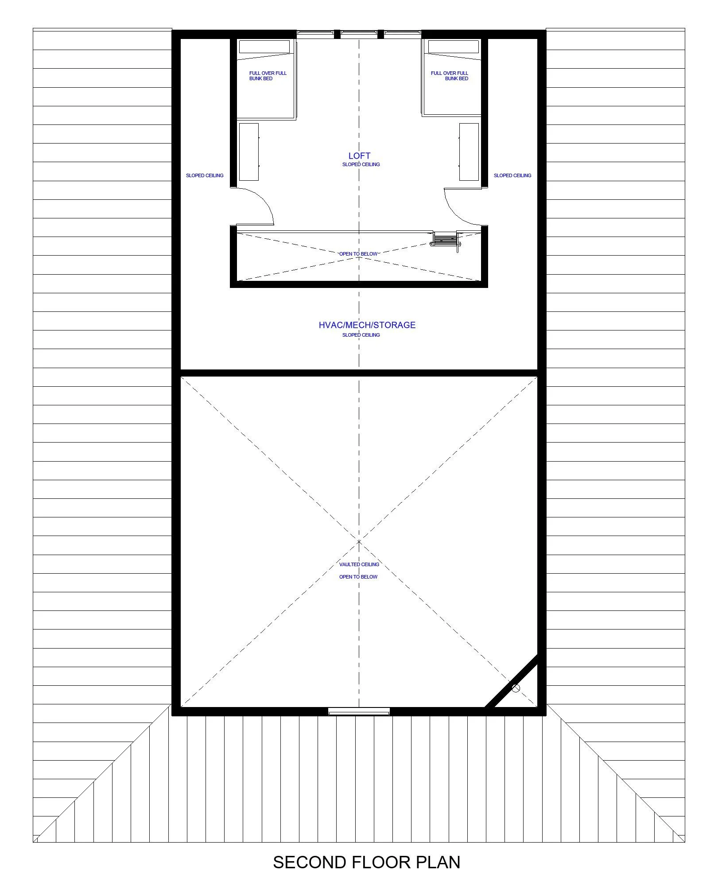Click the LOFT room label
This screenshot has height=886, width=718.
click(x=359, y=155)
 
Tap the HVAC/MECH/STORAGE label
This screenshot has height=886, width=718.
click(x=367, y=325)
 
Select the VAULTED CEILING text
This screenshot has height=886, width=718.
click(x=359, y=564)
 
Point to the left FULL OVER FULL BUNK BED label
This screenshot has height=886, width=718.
click(x=268, y=76)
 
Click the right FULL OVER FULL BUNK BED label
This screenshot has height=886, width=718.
click(x=450, y=76)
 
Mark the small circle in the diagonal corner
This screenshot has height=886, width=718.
click(x=516, y=688)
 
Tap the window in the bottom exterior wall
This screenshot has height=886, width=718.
click(x=359, y=711)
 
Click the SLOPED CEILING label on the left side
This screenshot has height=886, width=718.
click(x=205, y=175)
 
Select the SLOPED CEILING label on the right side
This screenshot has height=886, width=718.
click(x=512, y=175)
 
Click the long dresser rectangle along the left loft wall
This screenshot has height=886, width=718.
click(x=248, y=152)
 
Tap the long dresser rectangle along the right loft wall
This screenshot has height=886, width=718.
click(x=469, y=152)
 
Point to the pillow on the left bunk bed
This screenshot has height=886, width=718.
click(x=264, y=47)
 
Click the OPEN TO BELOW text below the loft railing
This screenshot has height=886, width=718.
click(x=358, y=254)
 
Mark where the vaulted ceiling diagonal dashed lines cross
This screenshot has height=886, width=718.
click(x=359, y=541)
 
